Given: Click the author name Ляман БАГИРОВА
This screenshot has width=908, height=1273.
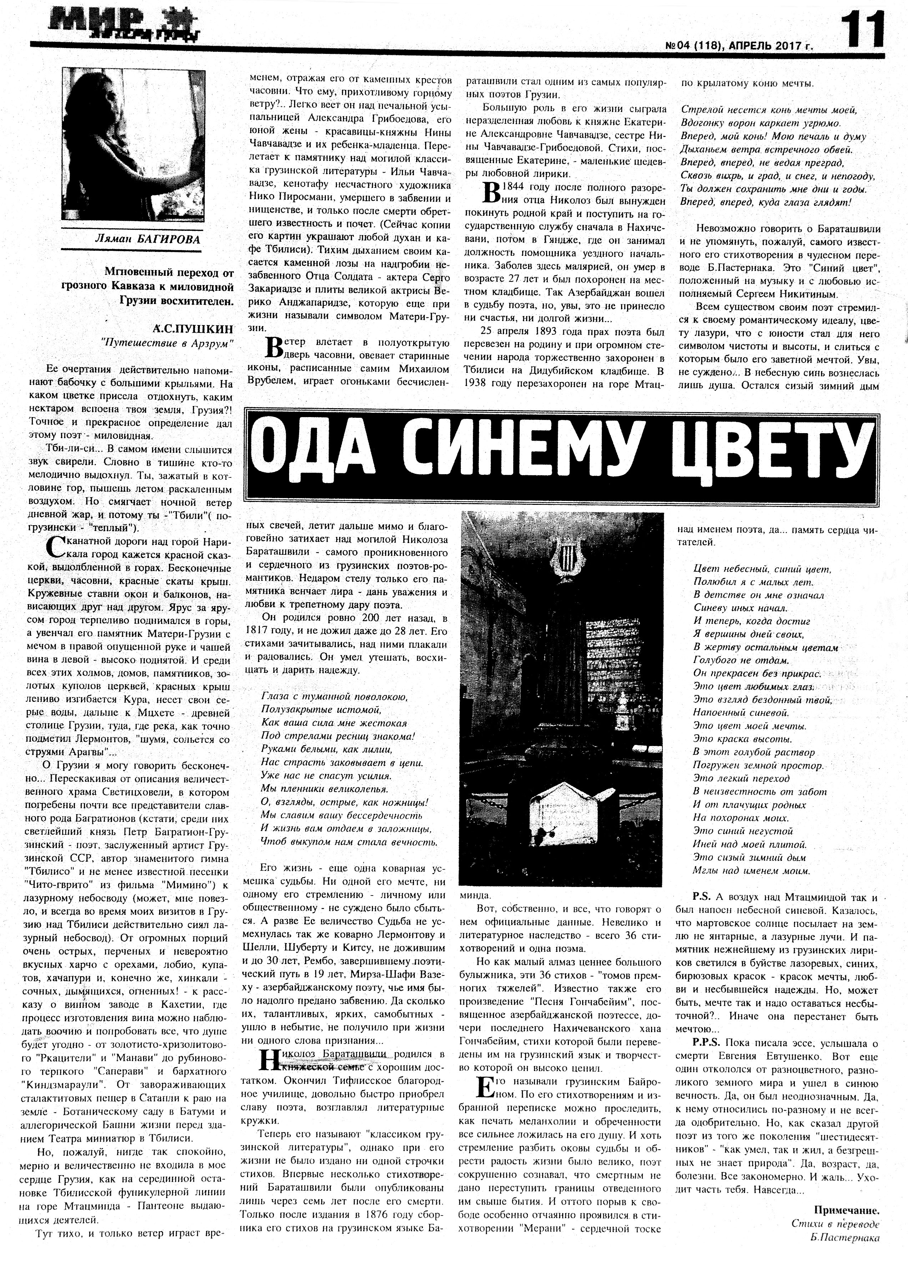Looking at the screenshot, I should coord(148,239).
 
